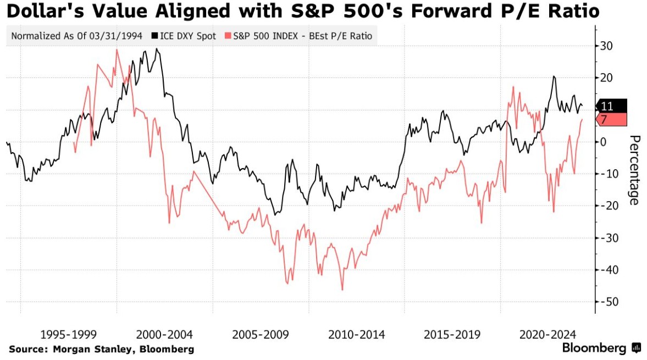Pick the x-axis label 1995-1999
69,334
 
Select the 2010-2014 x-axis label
357,334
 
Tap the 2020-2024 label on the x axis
548,334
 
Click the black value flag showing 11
611,107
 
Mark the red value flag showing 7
611,119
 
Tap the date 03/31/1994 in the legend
118,37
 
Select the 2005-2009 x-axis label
261,334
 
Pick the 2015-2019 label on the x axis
452,334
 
